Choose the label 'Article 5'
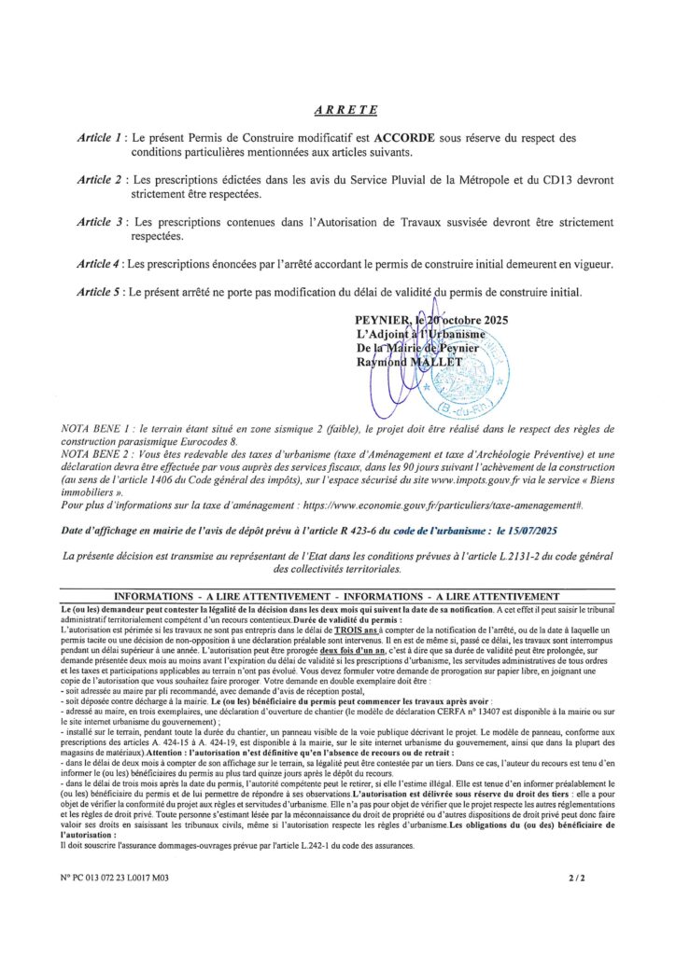[x=101, y=292]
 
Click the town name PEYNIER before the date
[x=375, y=322]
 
